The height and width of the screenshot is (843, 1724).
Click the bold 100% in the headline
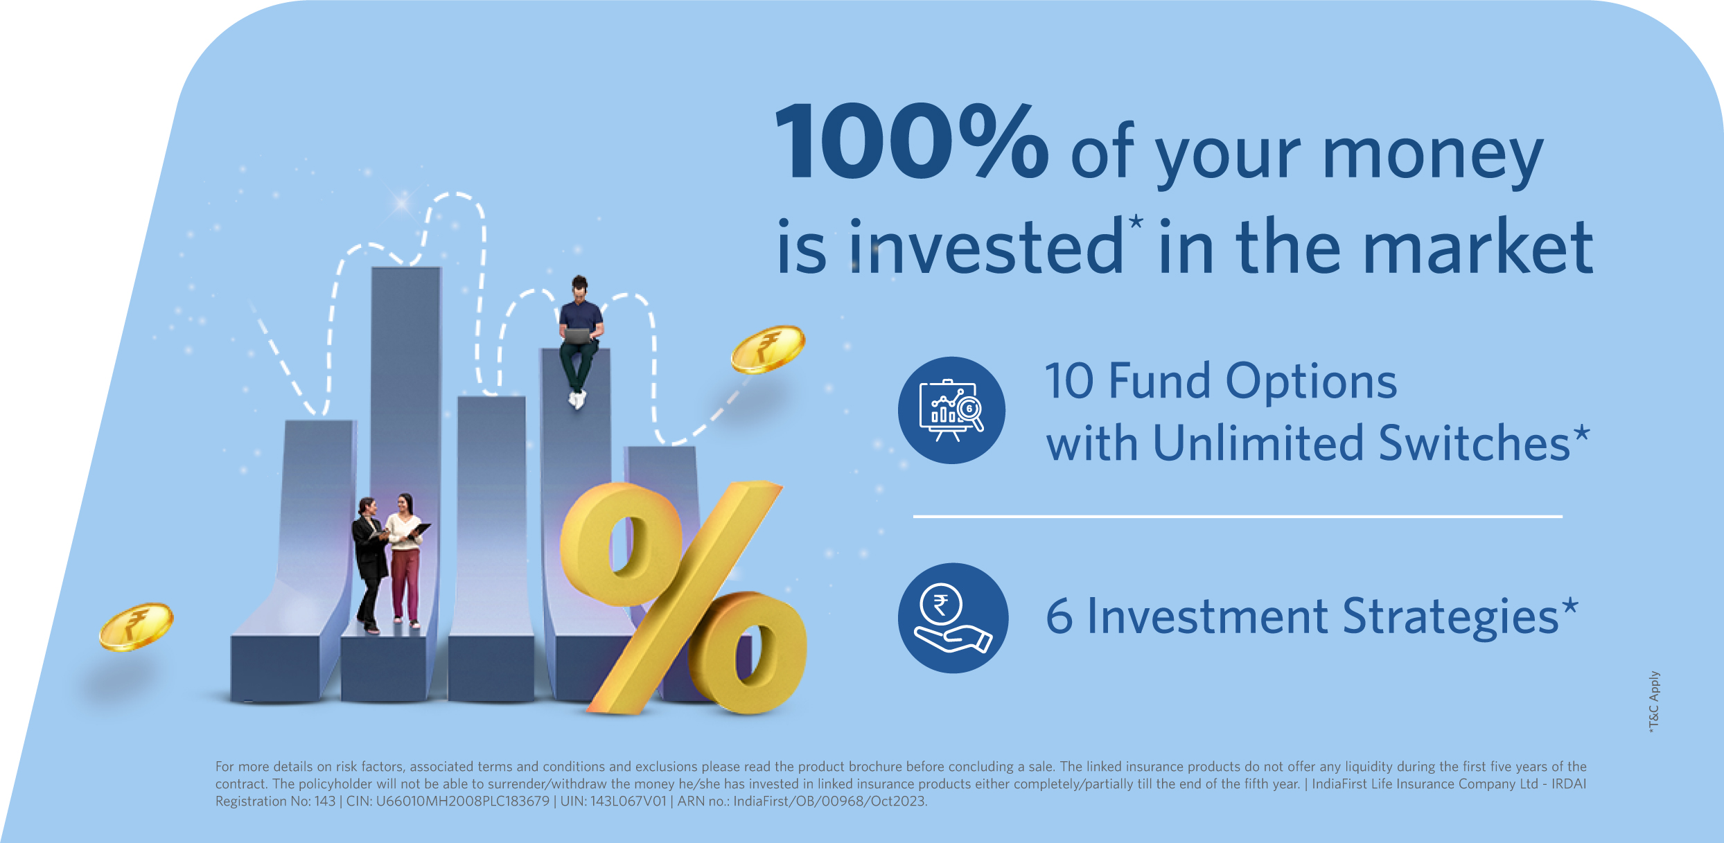pos(911,142)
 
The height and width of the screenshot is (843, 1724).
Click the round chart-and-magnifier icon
pos(951,410)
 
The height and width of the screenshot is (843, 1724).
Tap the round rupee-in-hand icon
pos(953,618)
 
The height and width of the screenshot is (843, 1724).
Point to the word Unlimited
pos(1260,443)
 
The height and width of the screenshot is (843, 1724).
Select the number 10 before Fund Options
pos(1070,382)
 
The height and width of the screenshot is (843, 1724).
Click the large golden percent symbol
pos(683,598)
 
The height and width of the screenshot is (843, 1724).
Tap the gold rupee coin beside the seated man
pos(768,349)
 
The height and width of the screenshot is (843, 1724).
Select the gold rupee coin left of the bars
pos(136,626)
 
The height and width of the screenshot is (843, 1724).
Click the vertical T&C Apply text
pos(1653,702)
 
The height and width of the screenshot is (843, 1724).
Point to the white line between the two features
pos(1238,516)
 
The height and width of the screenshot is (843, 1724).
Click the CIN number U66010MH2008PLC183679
pos(462,801)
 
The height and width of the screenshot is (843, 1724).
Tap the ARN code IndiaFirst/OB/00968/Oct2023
pos(830,801)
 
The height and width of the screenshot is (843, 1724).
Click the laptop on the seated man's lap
pos(577,336)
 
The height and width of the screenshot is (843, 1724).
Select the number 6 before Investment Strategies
pos(1059,616)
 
